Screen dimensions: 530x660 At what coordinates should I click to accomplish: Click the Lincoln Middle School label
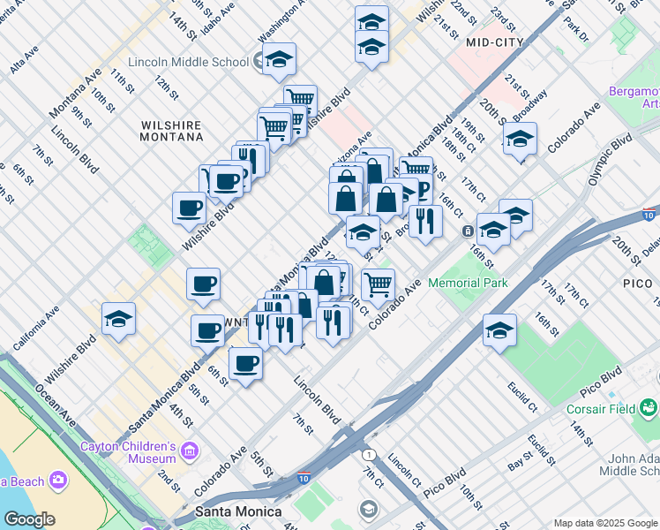pyautogui.click(x=188, y=62)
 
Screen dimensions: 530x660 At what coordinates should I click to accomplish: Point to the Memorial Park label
pyautogui.click(x=468, y=283)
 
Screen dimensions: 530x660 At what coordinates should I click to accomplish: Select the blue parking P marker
pyautogui.click(x=423, y=190)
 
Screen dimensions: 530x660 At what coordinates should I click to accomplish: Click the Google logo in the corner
pyautogui.click(x=29, y=519)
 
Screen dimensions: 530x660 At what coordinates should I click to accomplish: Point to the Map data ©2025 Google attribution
pyautogui.click(x=604, y=523)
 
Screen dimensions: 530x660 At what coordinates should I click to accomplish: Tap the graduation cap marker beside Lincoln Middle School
pyautogui.click(x=280, y=60)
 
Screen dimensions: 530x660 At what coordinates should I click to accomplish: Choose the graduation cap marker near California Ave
pyautogui.click(x=118, y=320)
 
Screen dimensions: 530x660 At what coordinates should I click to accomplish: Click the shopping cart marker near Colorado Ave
pyautogui.click(x=378, y=284)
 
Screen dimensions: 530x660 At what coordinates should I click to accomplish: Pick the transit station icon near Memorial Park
pyautogui.click(x=467, y=231)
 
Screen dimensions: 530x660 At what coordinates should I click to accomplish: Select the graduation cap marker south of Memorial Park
pyautogui.click(x=499, y=331)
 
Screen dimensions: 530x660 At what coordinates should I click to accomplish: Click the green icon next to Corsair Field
pyautogui.click(x=649, y=407)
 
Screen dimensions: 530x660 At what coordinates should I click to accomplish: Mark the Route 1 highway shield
pyautogui.click(x=368, y=453)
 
